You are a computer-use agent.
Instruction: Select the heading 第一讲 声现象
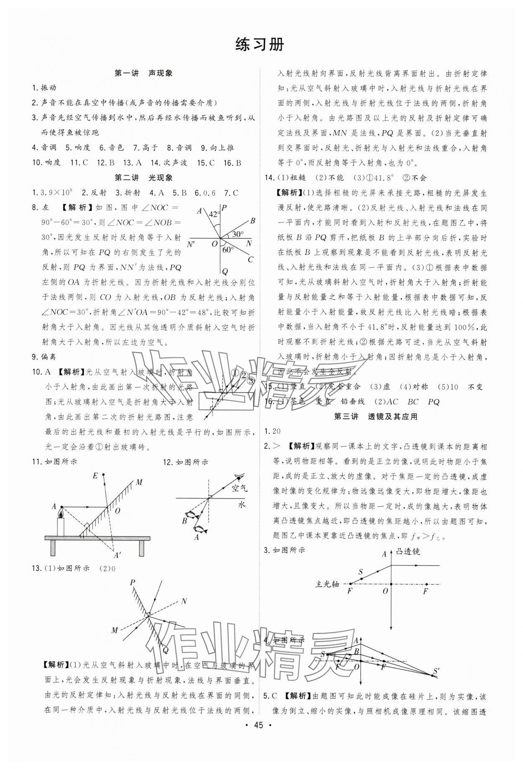click(144, 73)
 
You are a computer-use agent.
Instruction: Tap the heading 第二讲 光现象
click(144, 178)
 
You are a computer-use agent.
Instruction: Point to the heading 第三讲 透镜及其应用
click(376, 416)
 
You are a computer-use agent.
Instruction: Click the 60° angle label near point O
click(228, 250)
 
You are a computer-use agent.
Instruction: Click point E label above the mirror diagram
click(95, 475)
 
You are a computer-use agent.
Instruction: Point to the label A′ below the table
click(118, 555)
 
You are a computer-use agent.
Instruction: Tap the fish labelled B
click(191, 515)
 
